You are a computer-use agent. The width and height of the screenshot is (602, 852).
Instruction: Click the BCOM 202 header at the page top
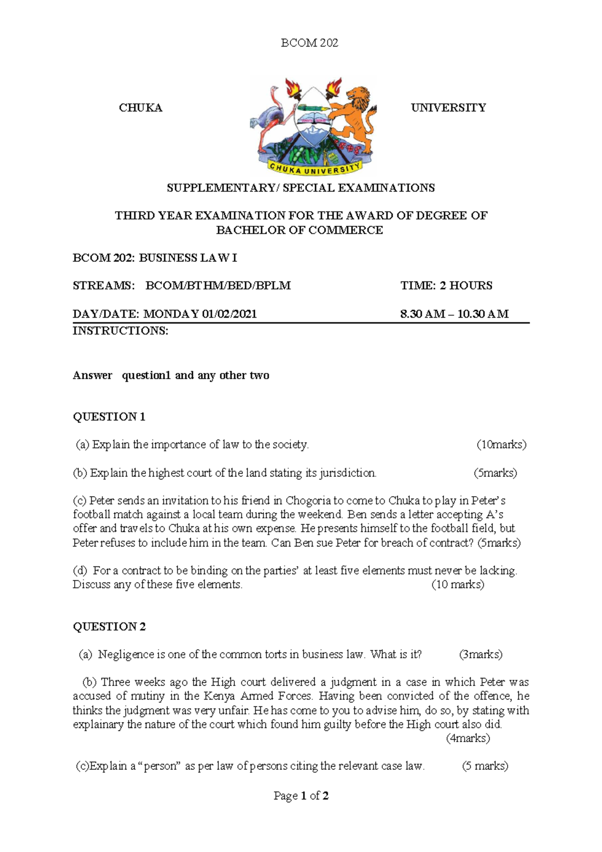[309, 43]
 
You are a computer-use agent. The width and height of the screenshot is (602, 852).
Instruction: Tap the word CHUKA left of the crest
[140, 108]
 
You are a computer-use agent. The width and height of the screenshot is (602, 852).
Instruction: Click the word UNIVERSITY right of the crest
[448, 108]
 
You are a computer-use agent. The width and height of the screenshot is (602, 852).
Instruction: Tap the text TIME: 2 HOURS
[446, 286]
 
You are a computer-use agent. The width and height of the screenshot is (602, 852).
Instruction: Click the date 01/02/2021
[229, 314]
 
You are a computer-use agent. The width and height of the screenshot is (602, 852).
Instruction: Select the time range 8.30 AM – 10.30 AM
[454, 314]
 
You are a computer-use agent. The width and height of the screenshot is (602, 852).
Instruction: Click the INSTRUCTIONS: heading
[120, 331]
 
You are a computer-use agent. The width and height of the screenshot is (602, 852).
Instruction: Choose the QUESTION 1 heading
[109, 417]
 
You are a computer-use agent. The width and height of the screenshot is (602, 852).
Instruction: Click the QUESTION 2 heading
[109, 627]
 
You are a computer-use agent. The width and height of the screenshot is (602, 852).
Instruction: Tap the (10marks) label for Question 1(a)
[501, 445]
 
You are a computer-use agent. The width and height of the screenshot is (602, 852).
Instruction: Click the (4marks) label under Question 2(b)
[468, 738]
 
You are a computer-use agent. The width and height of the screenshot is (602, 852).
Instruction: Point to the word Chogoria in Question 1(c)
[308, 501]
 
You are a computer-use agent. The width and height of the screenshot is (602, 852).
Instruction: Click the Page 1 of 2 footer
[301, 796]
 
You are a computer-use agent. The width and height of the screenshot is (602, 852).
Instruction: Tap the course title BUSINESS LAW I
[188, 258]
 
